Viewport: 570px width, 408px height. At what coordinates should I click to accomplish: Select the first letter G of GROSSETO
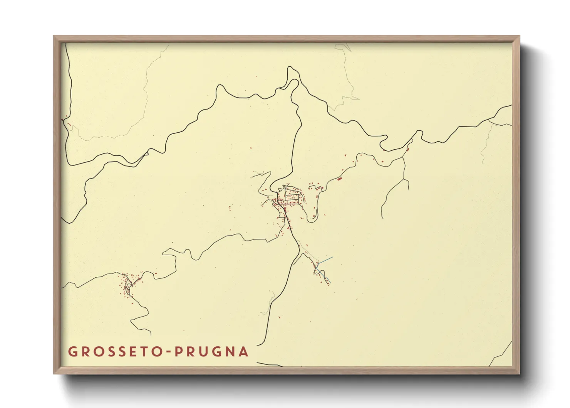coord(72,352)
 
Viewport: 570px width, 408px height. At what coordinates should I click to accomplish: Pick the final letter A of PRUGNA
coord(243,352)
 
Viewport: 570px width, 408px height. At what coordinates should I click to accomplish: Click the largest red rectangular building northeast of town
coord(339,179)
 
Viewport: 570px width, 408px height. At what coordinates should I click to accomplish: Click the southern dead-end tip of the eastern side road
coord(382,218)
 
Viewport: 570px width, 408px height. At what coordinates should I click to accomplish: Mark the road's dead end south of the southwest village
coord(151,334)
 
